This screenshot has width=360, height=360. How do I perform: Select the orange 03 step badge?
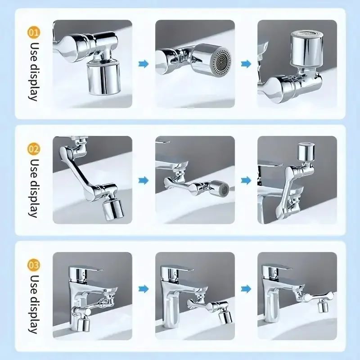pyautogui.click(x=34, y=263)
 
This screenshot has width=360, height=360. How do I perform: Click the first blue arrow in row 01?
pyautogui.click(x=144, y=64)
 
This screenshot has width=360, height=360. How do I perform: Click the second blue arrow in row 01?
pyautogui.click(x=246, y=64)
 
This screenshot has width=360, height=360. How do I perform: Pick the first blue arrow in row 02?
pyautogui.click(x=144, y=180)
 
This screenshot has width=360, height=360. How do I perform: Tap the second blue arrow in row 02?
pyautogui.click(x=246, y=180)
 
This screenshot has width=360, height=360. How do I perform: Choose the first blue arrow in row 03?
pyautogui.click(x=144, y=288)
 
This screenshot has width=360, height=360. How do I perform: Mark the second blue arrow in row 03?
pyautogui.click(x=246, y=288)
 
